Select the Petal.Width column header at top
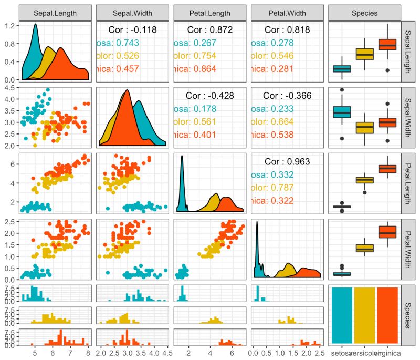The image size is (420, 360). coord(286,12)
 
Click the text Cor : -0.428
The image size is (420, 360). coord(209,96)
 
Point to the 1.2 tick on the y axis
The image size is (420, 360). coord(9,25)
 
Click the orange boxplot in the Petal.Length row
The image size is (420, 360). coord(387,169)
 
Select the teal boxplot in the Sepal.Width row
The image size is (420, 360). coord(342,112)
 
